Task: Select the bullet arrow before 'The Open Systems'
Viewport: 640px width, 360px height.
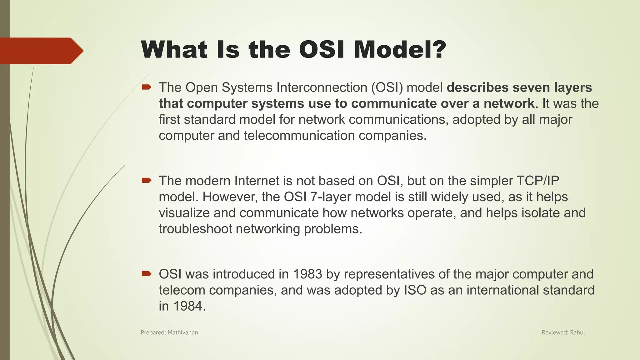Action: (146, 87)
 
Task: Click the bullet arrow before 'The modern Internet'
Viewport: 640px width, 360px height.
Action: (146, 181)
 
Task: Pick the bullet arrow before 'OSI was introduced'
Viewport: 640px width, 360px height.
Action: (146, 274)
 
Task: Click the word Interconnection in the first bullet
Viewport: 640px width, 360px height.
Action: (322, 87)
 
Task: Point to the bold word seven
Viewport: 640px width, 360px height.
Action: (531, 87)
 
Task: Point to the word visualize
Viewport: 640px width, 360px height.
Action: (184, 213)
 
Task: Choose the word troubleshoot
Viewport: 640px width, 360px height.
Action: (195, 229)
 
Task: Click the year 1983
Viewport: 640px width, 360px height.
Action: (307, 274)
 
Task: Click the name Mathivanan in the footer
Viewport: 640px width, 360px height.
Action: (183, 332)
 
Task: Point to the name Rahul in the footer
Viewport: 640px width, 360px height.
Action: (577, 332)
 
